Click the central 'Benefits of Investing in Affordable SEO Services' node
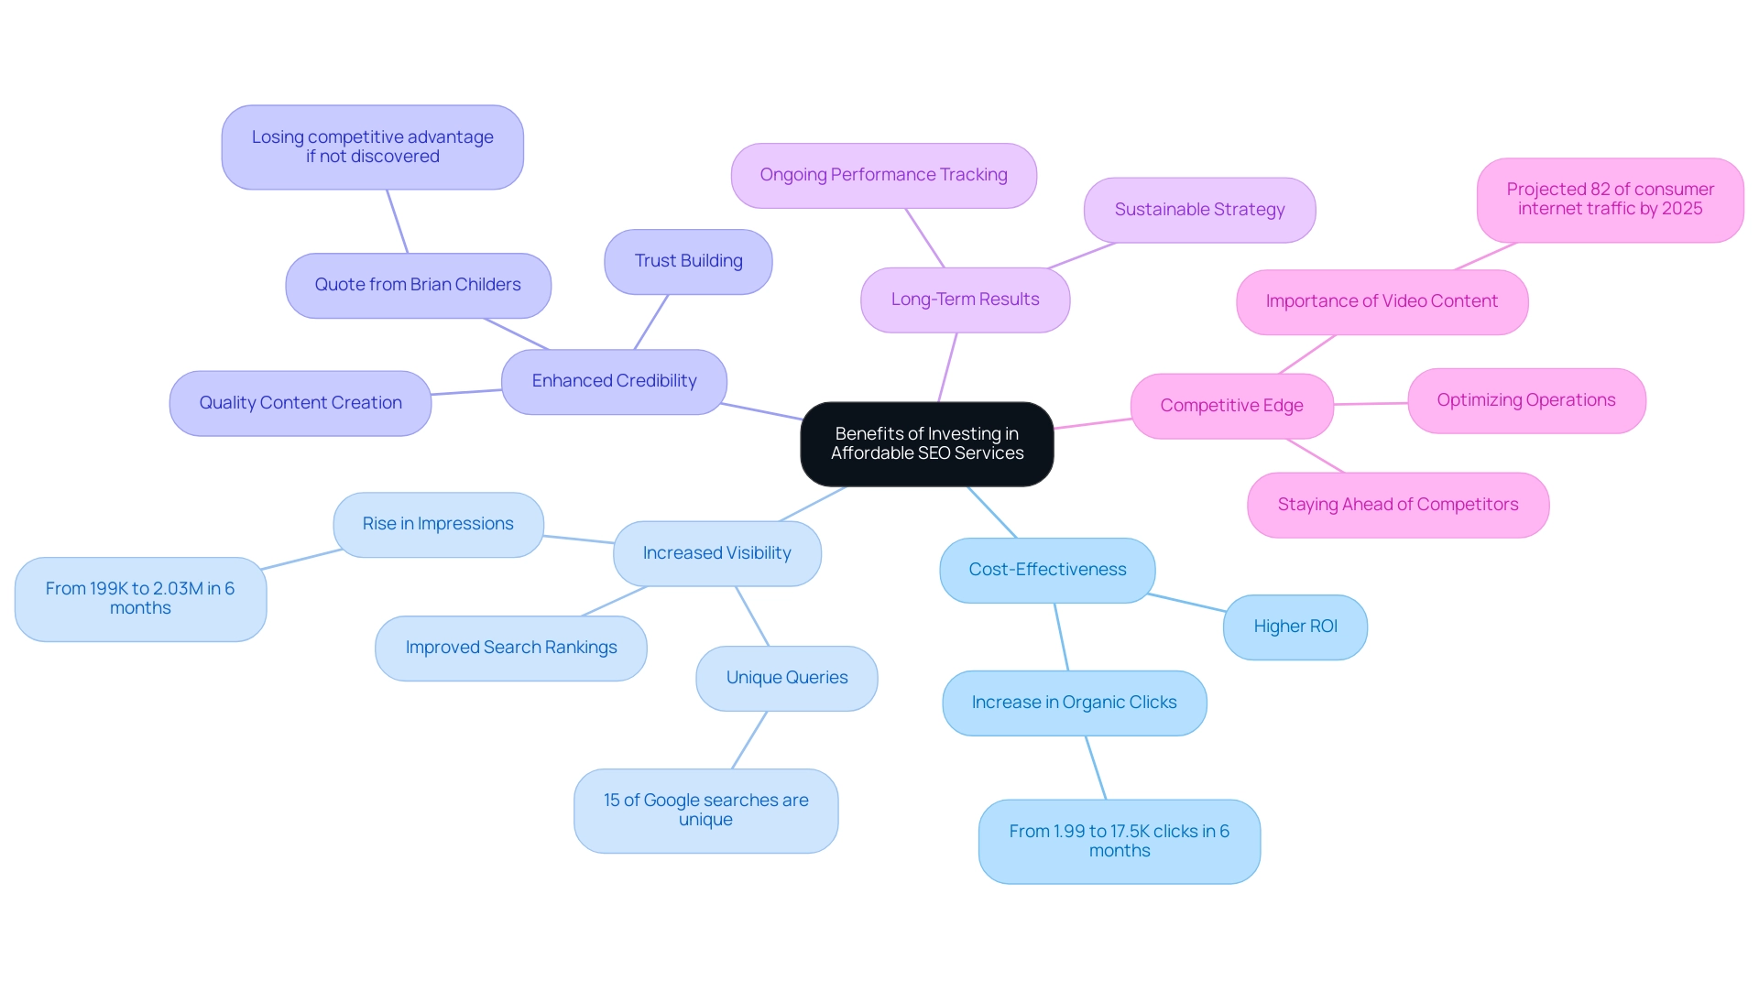[x=926, y=444]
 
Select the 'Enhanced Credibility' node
[x=614, y=382]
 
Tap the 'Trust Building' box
[x=688, y=262]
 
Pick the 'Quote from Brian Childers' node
[x=418, y=286]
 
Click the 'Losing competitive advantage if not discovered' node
[x=372, y=147]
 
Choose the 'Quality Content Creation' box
[x=300, y=404]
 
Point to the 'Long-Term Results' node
[x=965, y=300]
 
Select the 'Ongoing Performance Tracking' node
[x=883, y=176]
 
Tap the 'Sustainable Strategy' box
[x=1199, y=211]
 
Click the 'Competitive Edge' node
[x=1231, y=407]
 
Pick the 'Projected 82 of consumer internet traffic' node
[x=1610, y=200]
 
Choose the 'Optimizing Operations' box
[x=1526, y=401]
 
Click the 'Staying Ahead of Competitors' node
[x=1398, y=506]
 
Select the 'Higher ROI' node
[x=1295, y=627]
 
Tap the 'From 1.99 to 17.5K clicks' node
[x=1119, y=842]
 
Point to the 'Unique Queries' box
[x=787, y=679]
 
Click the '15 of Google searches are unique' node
[x=705, y=811]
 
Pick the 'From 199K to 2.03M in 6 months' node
[x=140, y=599]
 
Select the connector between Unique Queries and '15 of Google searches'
[x=749, y=740]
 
